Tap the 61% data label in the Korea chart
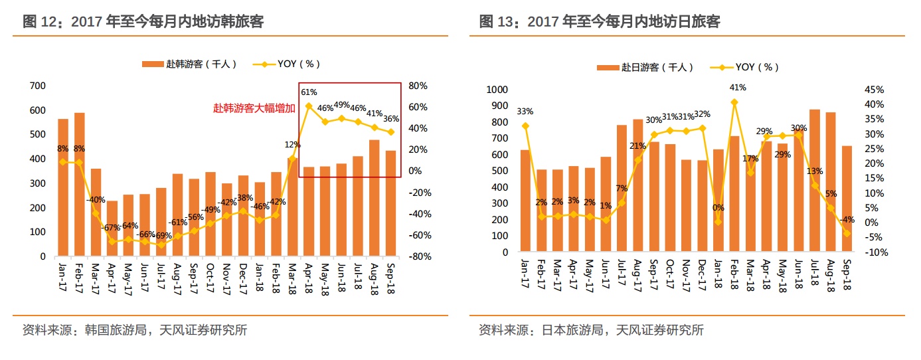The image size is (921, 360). click(x=309, y=92)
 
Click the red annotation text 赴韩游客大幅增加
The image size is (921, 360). click(x=254, y=108)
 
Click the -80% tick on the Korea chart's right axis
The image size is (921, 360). click(x=420, y=256)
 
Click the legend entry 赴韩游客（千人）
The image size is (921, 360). click(x=189, y=64)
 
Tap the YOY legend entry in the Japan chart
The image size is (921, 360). click(x=744, y=67)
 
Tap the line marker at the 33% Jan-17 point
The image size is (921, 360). click(x=525, y=126)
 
